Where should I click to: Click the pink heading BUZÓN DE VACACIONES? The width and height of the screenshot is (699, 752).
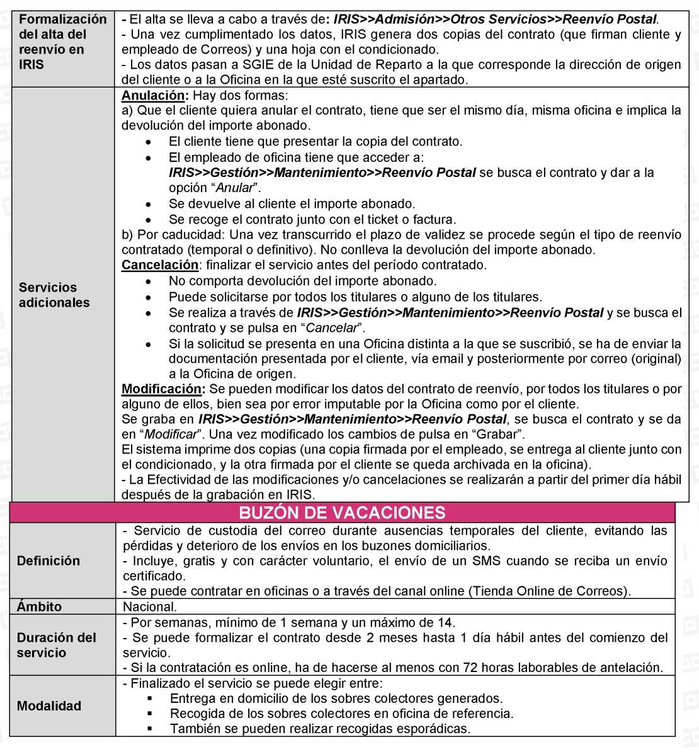342,513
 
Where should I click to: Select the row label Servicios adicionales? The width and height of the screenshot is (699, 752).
54,295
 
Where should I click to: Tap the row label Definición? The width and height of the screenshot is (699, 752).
48,561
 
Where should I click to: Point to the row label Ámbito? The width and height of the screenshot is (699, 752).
40,607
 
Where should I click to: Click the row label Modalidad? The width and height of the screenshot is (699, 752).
49,705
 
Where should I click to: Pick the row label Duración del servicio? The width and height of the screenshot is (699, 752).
57,645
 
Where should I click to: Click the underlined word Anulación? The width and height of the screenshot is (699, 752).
155,96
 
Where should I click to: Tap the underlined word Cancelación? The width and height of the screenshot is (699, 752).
160,265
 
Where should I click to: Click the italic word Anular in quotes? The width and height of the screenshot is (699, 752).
234,188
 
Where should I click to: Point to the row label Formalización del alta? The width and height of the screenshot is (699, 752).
62,42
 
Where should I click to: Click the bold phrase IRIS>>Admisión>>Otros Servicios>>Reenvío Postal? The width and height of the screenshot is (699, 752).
495,19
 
